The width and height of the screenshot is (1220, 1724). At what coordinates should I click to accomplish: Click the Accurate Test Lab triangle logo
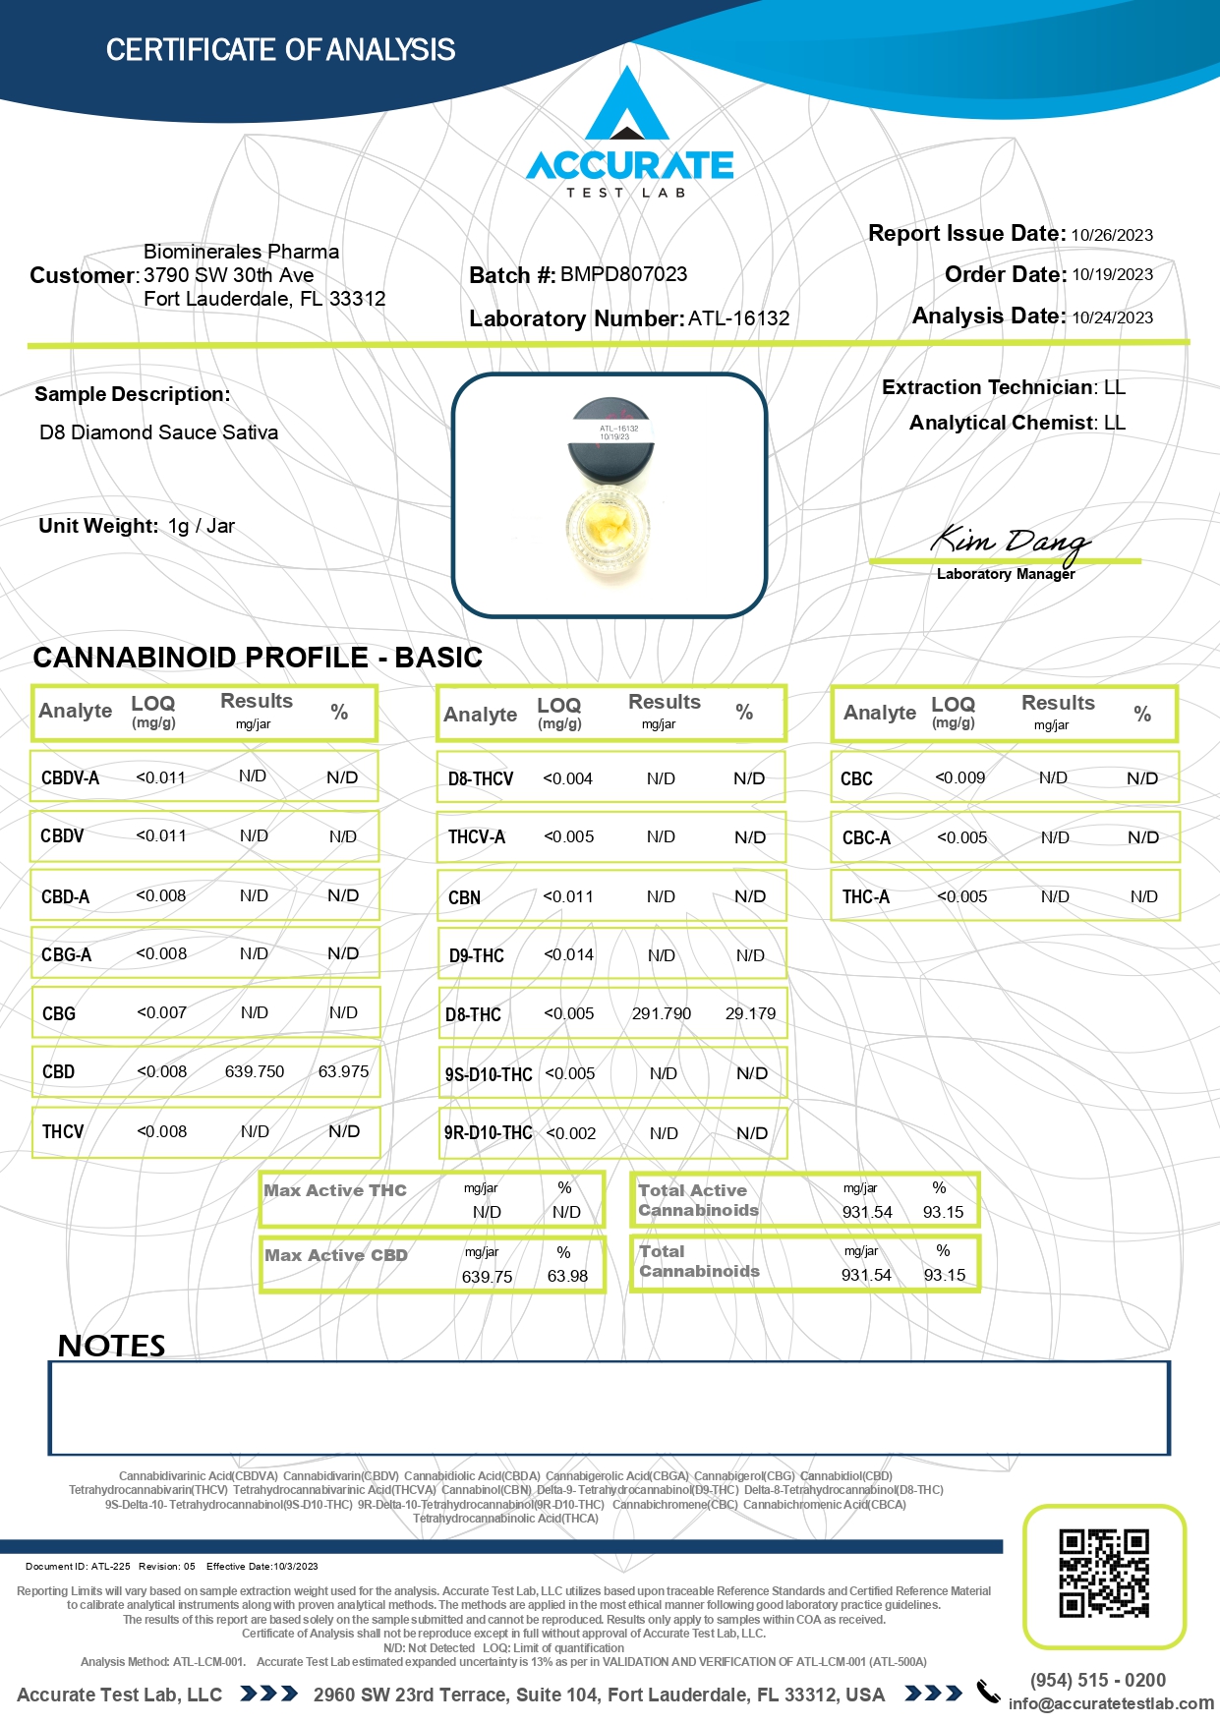tap(627, 106)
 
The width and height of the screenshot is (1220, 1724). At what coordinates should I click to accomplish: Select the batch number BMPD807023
tap(623, 274)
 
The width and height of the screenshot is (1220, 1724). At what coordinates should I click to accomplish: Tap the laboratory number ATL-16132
tap(738, 318)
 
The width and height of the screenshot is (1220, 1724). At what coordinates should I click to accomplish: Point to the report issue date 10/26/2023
tap(1112, 235)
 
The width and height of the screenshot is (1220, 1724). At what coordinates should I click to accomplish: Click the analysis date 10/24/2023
tap(1112, 317)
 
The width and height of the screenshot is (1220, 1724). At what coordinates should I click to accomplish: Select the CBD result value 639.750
tap(255, 1071)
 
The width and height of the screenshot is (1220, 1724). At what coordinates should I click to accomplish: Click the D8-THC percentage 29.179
tap(750, 1013)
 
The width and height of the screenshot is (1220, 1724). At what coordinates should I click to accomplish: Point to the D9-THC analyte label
tap(476, 955)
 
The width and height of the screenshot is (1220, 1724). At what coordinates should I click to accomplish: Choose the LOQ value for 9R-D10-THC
tap(571, 1133)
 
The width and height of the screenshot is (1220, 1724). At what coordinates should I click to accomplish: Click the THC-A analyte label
tap(865, 896)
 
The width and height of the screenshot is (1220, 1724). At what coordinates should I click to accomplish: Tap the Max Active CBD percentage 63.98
tap(567, 1276)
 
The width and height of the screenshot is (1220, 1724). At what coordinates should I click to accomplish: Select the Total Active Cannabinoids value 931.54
tap(867, 1212)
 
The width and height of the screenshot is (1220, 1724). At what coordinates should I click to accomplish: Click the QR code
tap(1103, 1573)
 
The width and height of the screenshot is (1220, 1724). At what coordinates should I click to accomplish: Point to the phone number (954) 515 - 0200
tap(1097, 1680)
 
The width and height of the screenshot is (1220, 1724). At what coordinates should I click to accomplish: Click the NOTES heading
tap(111, 1346)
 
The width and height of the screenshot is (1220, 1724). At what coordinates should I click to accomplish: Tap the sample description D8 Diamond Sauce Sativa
tap(158, 432)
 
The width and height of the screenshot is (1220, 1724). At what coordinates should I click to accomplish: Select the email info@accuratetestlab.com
tap(1111, 1703)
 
